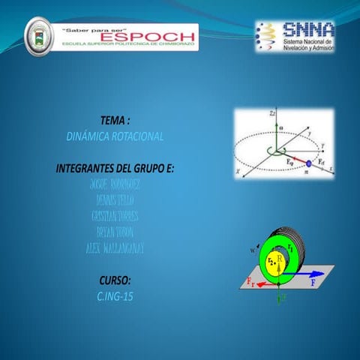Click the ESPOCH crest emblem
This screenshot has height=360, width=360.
[x=39, y=37]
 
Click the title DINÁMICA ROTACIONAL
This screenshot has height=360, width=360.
[x=115, y=136]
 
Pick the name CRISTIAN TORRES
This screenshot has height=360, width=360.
[x=114, y=216]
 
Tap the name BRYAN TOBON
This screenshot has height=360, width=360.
[x=114, y=232]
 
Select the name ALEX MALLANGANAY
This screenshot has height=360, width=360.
[x=114, y=247]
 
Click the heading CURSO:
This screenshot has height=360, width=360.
[x=115, y=280]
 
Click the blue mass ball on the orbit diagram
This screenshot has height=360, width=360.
[x=307, y=163]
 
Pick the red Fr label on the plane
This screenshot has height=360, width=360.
[x=251, y=280]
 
